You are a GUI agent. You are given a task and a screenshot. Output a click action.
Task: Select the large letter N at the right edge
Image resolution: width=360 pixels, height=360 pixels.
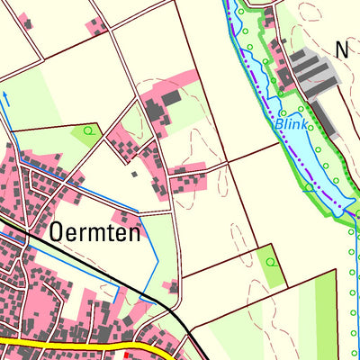(x=342, y=50)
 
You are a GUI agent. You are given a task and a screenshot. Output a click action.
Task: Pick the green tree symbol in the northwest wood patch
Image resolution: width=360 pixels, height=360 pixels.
(x=88, y=132)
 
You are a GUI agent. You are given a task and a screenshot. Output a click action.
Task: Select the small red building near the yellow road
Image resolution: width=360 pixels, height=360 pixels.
(x=125, y=355)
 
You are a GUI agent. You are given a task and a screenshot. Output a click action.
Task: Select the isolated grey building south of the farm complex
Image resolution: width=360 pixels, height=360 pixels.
(x=134, y=173)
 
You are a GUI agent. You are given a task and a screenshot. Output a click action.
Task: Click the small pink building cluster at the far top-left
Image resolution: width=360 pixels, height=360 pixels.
(x=26, y=21)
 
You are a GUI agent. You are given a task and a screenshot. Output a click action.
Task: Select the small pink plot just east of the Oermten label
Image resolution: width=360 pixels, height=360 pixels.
(x=125, y=217)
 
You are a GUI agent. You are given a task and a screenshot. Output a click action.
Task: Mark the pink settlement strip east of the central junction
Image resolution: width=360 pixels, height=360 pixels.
(x=188, y=179)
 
